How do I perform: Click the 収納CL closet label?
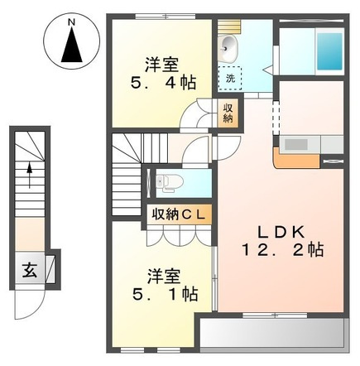(x=181, y=214)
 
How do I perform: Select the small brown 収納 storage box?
(x=227, y=113)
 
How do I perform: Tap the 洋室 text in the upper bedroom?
(x=163, y=63)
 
